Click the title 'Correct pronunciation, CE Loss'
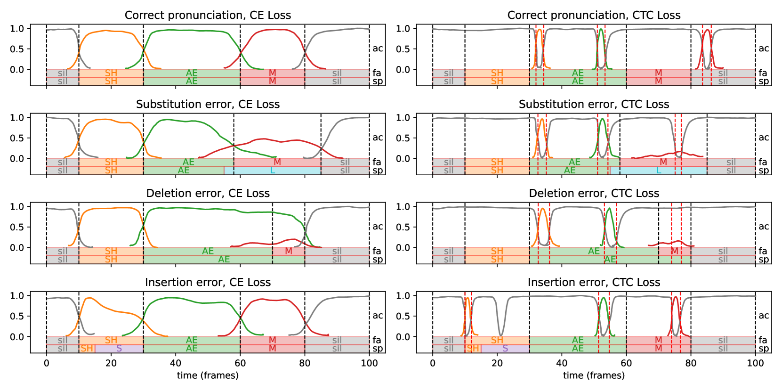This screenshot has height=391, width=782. [x=208, y=15]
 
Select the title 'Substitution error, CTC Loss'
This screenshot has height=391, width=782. [x=594, y=104]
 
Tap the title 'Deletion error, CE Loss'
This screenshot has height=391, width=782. [x=208, y=193]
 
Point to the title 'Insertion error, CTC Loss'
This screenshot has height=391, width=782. [x=594, y=282]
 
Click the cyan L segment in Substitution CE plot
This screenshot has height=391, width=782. [x=273, y=171]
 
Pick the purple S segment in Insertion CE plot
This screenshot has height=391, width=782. [x=119, y=349]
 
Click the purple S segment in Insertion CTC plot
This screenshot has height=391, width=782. [x=505, y=349]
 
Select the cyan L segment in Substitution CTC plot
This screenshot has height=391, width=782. [x=659, y=171]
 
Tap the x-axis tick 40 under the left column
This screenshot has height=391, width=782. [x=176, y=363]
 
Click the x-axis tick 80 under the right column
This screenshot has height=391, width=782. [x=691, y=363]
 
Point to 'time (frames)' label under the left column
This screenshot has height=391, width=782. [x=208, y=375]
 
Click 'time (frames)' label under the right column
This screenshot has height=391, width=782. [x=594, y=375]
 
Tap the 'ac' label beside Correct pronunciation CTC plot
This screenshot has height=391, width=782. [x=764, y=49]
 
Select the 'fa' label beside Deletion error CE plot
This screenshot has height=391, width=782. [x=377, y=251]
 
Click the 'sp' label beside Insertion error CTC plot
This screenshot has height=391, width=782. [x=764, y=349]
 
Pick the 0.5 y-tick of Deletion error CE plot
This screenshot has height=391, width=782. [x=17, y=227]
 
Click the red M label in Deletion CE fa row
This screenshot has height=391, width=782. [x=289, y=251]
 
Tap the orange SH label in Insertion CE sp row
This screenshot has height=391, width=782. [x=87, y=349]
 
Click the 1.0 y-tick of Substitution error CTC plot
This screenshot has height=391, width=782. [x=403, y=117]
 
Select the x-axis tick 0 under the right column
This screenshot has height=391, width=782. [x=433, y=363]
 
